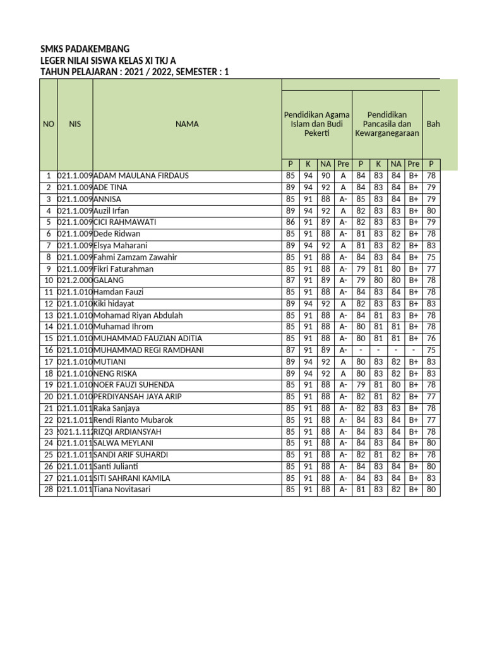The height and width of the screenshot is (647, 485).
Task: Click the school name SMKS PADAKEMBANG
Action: tap(85, 49)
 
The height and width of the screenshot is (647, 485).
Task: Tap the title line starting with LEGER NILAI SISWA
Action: tap(108, 61)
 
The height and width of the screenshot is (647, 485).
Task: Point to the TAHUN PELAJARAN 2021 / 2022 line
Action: tap(135, 72)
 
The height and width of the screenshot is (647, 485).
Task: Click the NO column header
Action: tap(49, 124)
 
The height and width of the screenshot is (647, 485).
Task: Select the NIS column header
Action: tap(75, 124)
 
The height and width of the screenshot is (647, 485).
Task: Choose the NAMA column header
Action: tap(187, 124)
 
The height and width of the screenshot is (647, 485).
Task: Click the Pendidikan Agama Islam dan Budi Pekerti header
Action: tap(316, 124)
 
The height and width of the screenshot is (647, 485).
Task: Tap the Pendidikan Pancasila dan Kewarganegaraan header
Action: tap(386, 124)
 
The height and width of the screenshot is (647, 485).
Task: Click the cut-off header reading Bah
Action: tap(433, 124)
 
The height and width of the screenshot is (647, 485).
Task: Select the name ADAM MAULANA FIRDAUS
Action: tap(141, 176)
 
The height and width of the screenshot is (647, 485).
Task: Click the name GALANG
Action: tap(109, 280)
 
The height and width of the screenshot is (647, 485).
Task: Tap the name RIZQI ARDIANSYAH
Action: tap(127, 432)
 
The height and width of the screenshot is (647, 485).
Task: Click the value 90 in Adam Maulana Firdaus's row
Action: tap(325, 176)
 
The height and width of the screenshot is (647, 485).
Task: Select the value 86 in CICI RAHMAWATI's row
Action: tap(290, 222)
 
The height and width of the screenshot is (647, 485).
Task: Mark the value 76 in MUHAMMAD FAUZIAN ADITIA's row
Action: tap(431, 339)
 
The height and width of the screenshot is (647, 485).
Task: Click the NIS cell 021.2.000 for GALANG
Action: tap(75, 280)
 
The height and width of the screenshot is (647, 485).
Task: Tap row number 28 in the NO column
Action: tap(48, 490)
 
